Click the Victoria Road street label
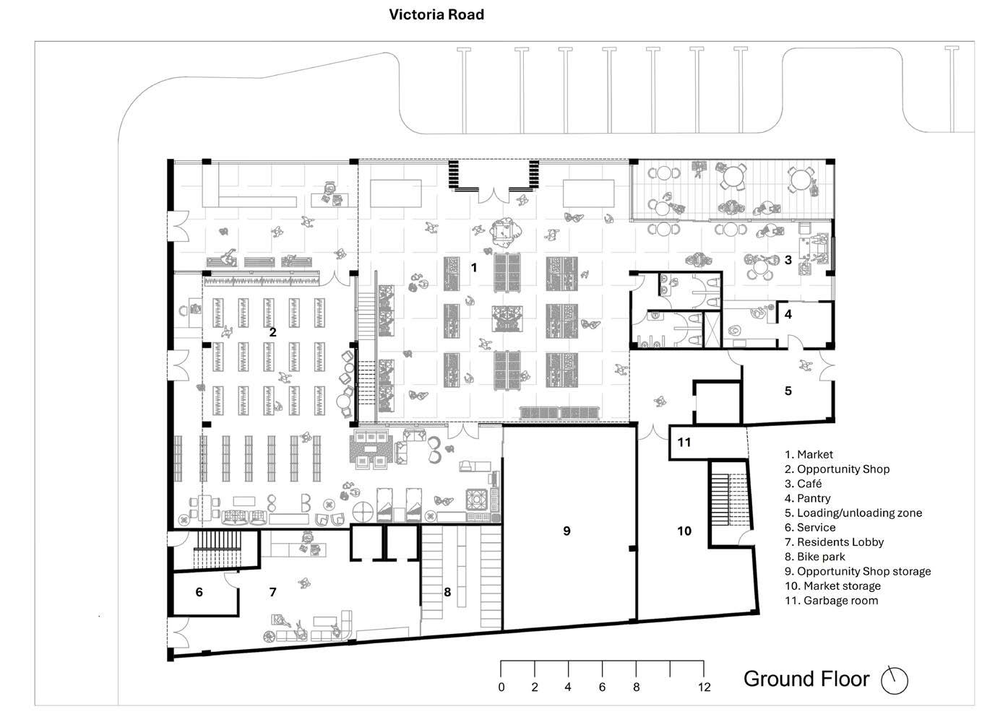tap(436, 14)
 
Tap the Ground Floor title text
tap(806, 679)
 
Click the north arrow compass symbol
tap(895, 679)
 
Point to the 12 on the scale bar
tap(704, 687)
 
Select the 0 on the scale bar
tap(501, 687)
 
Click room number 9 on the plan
tap(567, 531)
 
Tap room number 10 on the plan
tap(684, 531)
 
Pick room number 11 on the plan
tap(684, 442)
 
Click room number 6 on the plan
tap(199, 592)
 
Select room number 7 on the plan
tap(272, 592)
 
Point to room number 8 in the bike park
tap(447, 592)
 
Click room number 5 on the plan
tap(788, 391)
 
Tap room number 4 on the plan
tap(788, 314)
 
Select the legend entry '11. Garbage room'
tap(831, 600)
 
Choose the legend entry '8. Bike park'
tap(814, 557)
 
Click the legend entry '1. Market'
tap(809, 454)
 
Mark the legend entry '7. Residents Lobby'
tap(834, 541)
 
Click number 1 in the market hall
tap(474, 268)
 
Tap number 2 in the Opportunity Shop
tap(272, 332)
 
